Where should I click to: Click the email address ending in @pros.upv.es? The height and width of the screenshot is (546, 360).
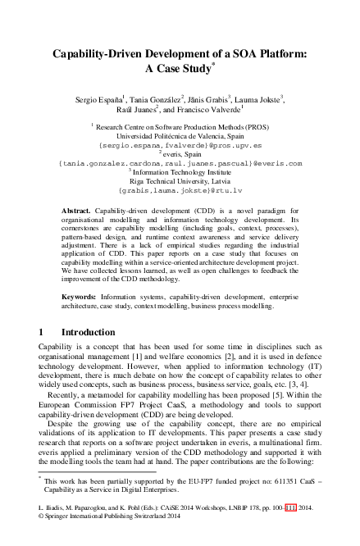180,144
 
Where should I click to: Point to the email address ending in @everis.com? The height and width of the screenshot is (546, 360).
180,163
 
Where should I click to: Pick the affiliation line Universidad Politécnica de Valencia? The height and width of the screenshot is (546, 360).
180,135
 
